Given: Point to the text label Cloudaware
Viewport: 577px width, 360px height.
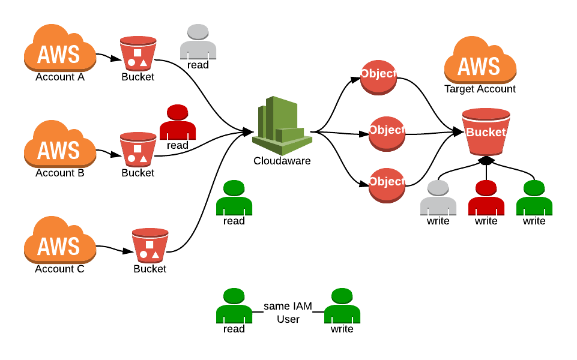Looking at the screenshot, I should point(282,161).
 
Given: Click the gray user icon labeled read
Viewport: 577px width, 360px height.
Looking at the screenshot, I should point(198,42).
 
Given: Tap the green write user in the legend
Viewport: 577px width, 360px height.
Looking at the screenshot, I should point(342,306).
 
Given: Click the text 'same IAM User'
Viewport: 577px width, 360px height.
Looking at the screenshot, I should point(288,313).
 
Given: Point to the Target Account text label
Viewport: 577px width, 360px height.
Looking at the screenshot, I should point(480,89).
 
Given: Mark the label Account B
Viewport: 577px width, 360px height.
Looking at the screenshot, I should point(59,173).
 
